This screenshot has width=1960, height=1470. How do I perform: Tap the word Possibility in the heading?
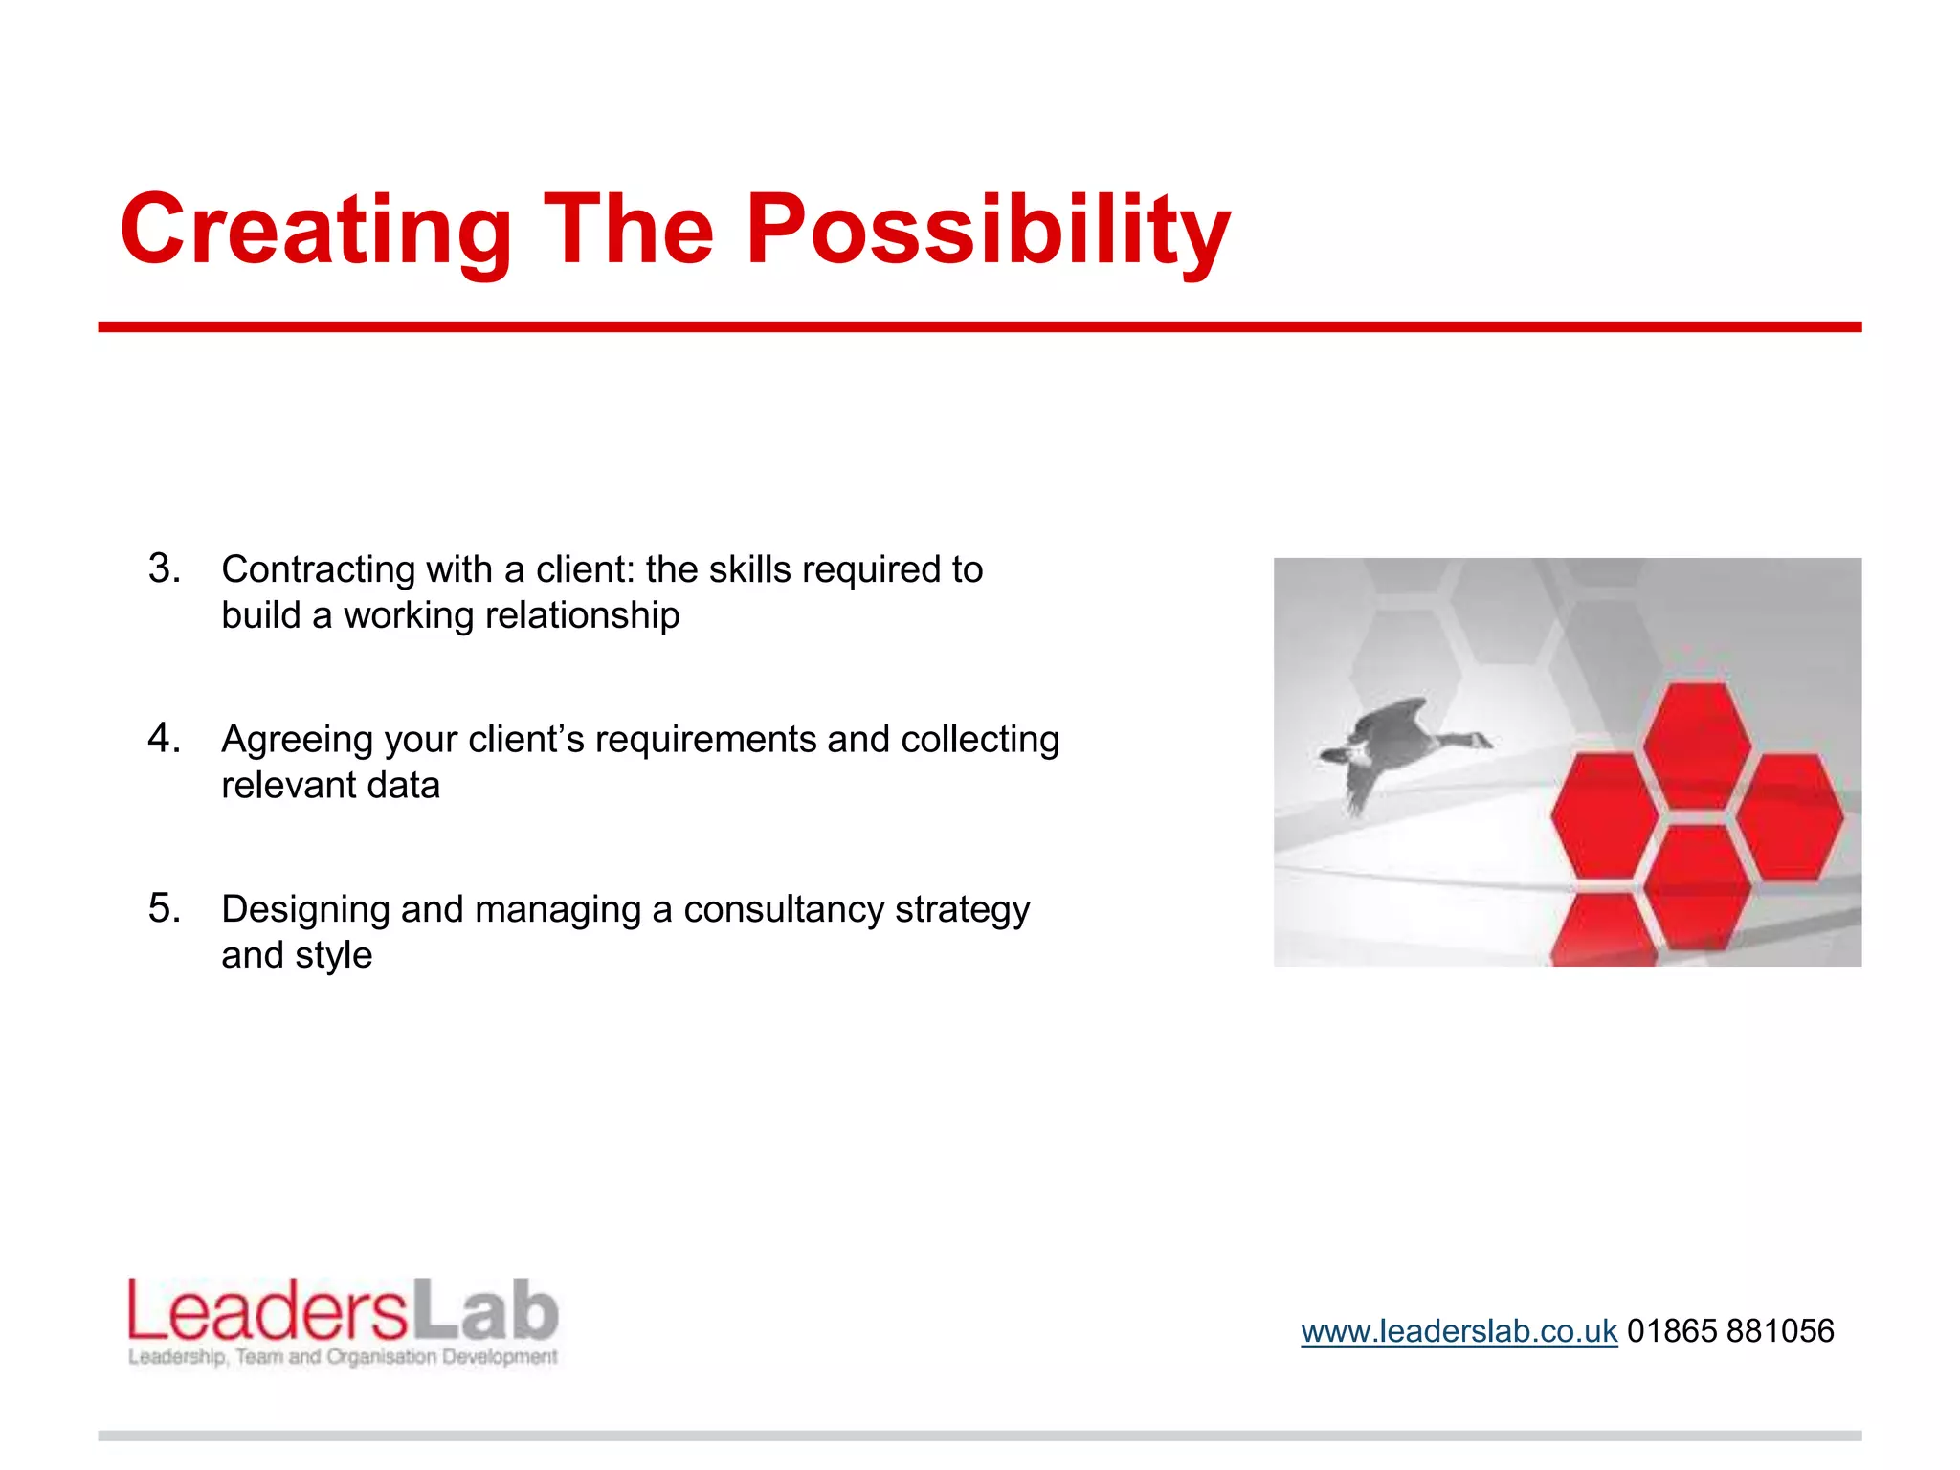(x=988, y=230)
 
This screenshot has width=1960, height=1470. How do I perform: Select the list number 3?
(x=164, y=568)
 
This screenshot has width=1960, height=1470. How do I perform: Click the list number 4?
(x=164, y=739)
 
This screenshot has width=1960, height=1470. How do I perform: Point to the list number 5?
(x=164, y=908)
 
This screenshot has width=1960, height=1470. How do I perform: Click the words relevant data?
(x=330, y=786)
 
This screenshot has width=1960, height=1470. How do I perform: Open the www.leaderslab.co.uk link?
(x=1459, y=1331)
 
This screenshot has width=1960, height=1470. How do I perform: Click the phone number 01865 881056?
(x=1730, y=1331)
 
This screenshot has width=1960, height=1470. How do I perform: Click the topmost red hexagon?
(x=1697, y=743)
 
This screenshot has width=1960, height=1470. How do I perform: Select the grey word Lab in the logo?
(x=486, y=1311)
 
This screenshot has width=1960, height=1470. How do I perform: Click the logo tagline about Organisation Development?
(x=343, y=1357)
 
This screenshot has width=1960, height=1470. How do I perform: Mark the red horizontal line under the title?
(x=979, y=327)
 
